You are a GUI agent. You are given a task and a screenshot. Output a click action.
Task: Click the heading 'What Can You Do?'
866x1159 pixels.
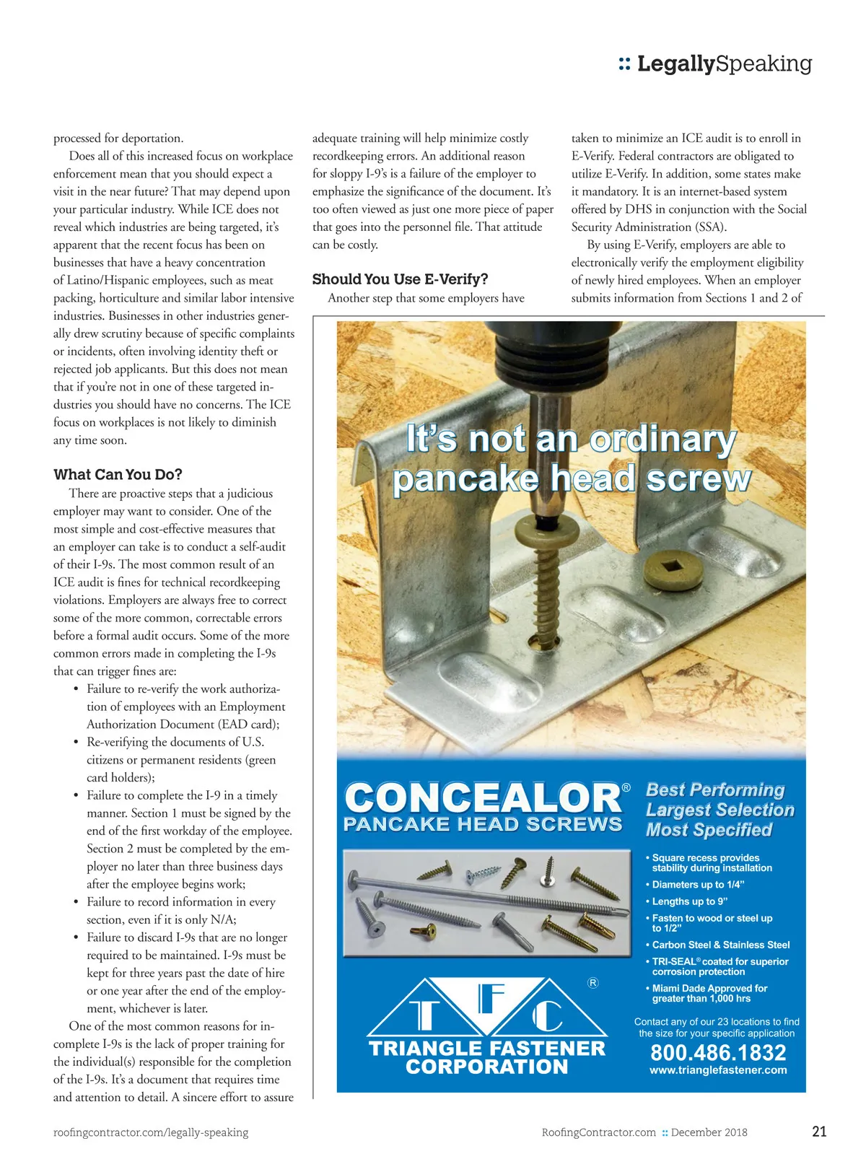[118, 475]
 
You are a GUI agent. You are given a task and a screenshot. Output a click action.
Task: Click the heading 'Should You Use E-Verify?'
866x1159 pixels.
[400, 279]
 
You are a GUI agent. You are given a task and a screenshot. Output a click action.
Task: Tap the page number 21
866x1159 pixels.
[819, 1132]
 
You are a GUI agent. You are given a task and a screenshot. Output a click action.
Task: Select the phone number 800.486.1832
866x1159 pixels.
[718, 1053]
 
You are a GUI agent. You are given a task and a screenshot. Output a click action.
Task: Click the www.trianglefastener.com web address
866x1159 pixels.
[718, 1070]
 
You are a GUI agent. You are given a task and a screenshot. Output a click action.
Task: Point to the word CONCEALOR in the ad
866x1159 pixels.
[482, 798]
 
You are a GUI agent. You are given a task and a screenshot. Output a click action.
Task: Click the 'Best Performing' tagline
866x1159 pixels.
[714, 790]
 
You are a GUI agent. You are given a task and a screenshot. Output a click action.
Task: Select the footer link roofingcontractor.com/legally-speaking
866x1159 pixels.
[151, 1132]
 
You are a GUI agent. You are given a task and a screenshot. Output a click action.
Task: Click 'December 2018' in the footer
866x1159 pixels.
[709, 1132]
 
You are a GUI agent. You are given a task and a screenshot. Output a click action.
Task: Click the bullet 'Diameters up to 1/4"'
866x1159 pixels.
[697, 885]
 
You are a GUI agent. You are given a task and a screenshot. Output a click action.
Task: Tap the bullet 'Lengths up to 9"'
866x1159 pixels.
[689, 901]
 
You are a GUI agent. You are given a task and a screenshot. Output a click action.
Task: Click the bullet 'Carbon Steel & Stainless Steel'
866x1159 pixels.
[720, 945]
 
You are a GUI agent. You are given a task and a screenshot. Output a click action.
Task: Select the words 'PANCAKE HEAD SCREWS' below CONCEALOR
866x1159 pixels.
[482, 825]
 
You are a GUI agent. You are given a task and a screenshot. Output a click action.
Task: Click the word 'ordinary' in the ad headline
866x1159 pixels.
[662, 439]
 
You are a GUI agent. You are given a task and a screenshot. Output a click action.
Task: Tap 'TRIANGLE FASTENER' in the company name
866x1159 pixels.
[487, 1049]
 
